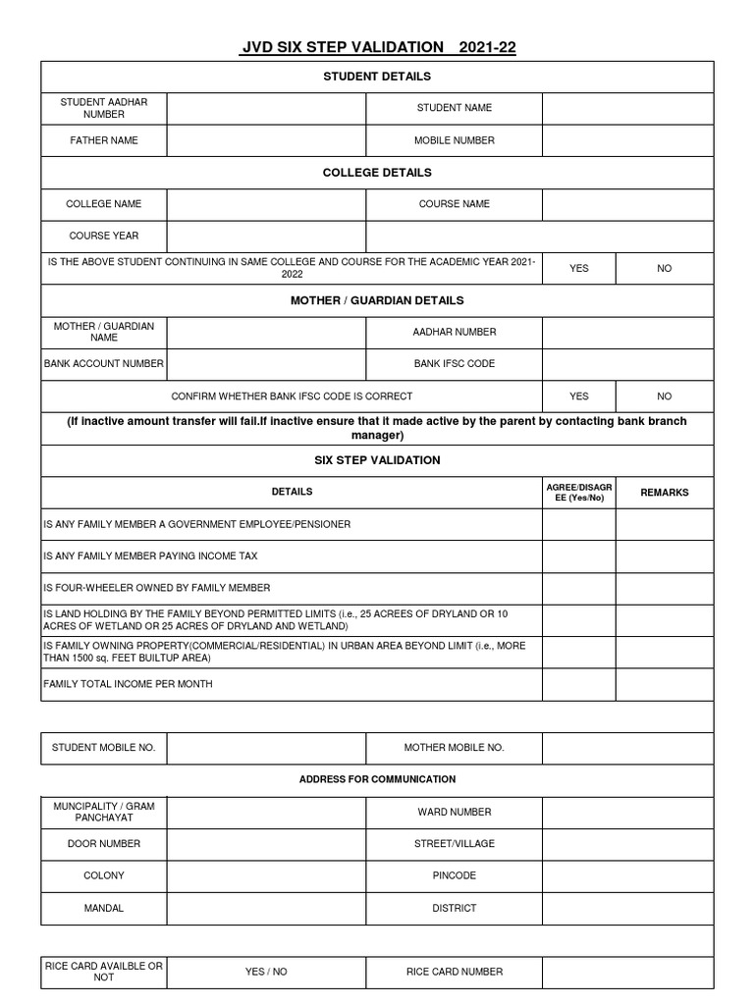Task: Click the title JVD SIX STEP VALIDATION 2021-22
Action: point(378,46)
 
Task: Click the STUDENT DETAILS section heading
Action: point(377,77)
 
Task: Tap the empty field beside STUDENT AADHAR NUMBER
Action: point(266,108)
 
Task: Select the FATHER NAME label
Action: point(103,140)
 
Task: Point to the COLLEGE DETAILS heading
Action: point(377,173)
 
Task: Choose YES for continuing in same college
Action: point(579,268)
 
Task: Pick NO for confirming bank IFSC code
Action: point(665,397)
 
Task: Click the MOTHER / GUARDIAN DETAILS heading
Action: point(377,300)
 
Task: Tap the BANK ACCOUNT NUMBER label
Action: point(103,364)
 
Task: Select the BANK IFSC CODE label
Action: point(455,364)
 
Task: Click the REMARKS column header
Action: point(665,493)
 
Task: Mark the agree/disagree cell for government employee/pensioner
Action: point(579,524)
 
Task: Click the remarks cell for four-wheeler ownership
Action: point(665,588)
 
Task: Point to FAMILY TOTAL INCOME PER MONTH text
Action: point(128,684)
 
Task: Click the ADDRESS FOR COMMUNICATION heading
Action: point(377,779)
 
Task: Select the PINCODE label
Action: point(455,875)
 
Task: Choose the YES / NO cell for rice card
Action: point(266,972)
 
